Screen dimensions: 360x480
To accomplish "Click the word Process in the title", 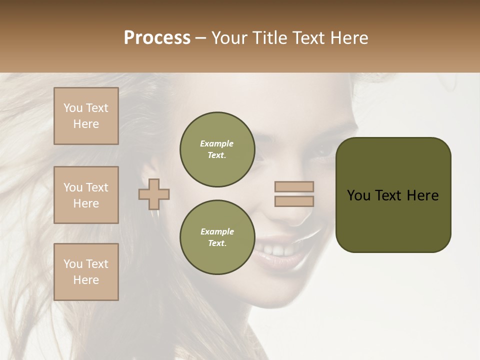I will tap(157, 38).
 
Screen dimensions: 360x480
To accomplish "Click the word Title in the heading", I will tap(268, 38).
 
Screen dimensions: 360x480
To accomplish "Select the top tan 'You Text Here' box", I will tap(86, 116).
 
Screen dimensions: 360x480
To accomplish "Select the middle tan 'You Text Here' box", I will tap(86, 195).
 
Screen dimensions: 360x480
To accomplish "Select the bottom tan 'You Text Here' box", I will tap(86, 272).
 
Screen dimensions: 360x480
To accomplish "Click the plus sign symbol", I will tap(154, 194).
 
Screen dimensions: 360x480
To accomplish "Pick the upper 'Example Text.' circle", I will tap(217, 149).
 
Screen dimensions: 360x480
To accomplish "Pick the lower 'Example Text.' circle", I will tap(217, 237).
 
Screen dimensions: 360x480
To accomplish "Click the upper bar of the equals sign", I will tap(294, 186).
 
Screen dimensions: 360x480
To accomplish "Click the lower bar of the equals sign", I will tap(294, 201).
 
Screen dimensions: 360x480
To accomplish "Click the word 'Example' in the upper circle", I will tap(216, 143).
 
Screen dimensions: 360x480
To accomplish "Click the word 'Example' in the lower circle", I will tap(217, 231).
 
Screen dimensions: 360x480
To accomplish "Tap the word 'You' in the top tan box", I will tap(73, 108).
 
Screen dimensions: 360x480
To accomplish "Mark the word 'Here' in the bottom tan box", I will tap(86, 280).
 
